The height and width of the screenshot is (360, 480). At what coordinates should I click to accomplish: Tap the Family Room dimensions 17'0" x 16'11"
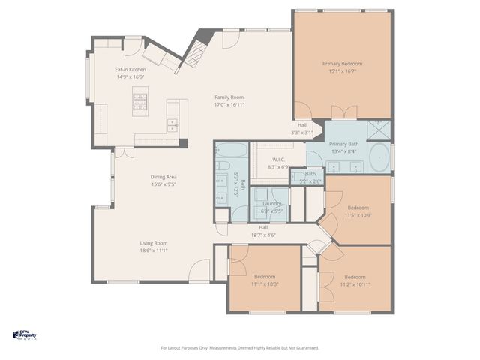[x=229, y=104]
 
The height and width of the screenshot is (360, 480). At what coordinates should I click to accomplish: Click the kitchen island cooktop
[x=140, y=98]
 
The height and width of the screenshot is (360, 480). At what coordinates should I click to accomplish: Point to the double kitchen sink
[x=173, y=124]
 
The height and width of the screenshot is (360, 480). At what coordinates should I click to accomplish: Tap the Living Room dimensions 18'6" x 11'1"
[x=153, y=250]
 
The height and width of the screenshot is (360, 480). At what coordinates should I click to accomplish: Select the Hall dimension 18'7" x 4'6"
[x=263, y=235]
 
